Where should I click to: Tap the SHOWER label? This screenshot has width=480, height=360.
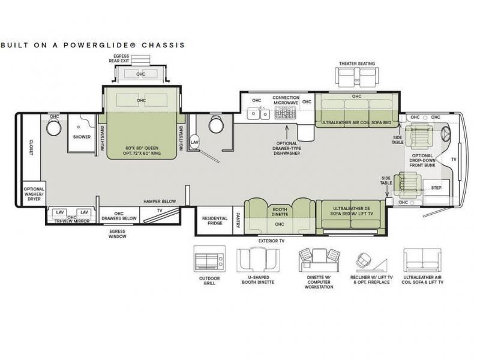[x=82, y=137]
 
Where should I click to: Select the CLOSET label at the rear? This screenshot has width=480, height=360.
[x=31, y=148]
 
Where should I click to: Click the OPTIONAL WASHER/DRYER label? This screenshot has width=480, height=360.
[x=34, y=194]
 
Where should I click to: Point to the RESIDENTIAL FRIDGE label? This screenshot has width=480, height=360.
[x=215, y=221]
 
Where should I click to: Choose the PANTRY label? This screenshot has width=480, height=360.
[x=238, y=220]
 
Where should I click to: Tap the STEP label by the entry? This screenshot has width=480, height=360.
[x=436, y=188]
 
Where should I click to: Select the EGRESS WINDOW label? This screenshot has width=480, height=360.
[x=117, y=234]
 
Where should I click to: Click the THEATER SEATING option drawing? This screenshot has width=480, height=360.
[x=357, y=77]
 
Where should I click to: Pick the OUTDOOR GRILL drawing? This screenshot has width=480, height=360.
[x=209, y=259]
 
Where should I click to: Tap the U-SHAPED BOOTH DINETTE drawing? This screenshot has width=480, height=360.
[x=258, y=260]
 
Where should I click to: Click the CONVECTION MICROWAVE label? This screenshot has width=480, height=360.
[x=286, y=100]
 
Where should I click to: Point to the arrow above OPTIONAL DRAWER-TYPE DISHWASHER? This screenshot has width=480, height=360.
[x=287, y=132]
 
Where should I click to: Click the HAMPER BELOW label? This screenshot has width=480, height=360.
[x=160, y=202]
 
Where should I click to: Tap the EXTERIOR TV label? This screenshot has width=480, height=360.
[x=272, y=241]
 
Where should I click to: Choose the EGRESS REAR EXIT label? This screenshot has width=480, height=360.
[x=119, y=58]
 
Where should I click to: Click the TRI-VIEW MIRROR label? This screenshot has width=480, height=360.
[x=72, y=221]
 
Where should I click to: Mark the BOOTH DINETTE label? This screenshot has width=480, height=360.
[x=280, y=212]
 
